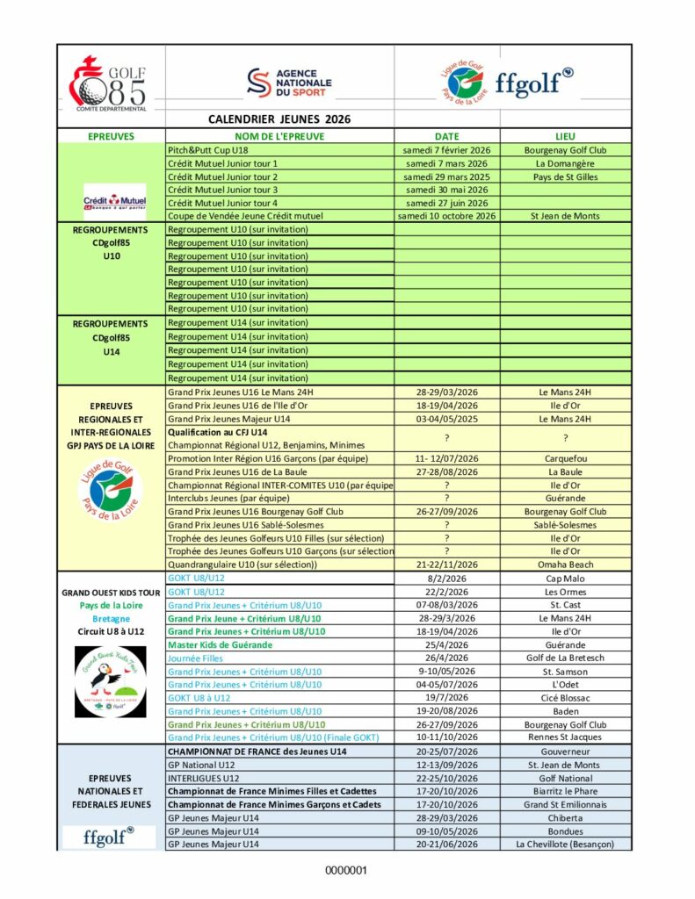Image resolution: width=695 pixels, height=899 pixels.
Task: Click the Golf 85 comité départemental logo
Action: (x=111, y=83)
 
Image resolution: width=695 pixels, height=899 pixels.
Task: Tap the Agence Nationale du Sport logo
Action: (x=287, y=83)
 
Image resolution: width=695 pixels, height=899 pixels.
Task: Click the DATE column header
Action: (x=447, y=136)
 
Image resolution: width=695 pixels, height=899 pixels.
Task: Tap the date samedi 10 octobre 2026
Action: (x=447, y=216)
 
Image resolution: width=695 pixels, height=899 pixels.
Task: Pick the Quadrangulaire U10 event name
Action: (x=243, y=565)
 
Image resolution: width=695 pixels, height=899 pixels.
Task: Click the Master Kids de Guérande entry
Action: (x=220, y=644)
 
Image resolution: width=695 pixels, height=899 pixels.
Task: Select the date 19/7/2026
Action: (x=447, y=697)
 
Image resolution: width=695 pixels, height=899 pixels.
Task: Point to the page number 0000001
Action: (x=346, y=871)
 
